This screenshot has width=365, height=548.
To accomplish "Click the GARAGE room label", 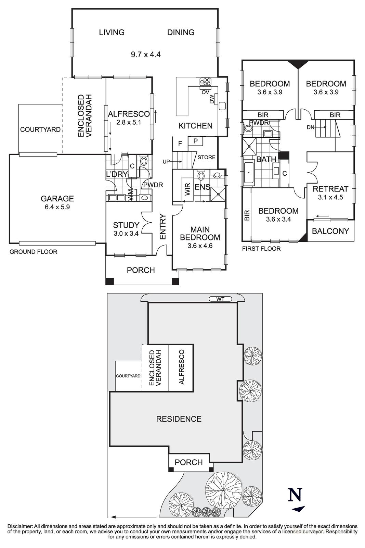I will (57, 199).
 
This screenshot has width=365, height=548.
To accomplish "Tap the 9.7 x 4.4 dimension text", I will (145, 54).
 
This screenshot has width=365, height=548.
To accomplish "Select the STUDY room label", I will (126, 225).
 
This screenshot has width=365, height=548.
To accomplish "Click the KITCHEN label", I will (195, 126).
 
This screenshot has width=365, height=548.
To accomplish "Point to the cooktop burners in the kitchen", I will (206, 82).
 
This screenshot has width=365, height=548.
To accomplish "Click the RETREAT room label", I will (330, 189).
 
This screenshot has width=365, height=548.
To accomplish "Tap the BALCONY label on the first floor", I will (330, 231).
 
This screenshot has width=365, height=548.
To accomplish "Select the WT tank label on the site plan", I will (220, 299).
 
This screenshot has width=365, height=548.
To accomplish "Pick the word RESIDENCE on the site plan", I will (179, 419).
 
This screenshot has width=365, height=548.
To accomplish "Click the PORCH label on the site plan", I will (188, 462).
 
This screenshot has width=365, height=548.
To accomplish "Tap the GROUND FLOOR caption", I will (33, 252).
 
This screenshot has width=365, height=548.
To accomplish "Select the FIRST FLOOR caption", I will (261, 249).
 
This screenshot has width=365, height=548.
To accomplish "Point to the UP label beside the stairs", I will (166, 162).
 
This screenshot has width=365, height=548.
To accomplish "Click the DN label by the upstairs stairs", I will (310, 127).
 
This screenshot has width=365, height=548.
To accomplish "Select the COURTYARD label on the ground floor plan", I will (40, 129).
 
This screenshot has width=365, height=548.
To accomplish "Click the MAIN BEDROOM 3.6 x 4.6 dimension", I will (200, 246).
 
